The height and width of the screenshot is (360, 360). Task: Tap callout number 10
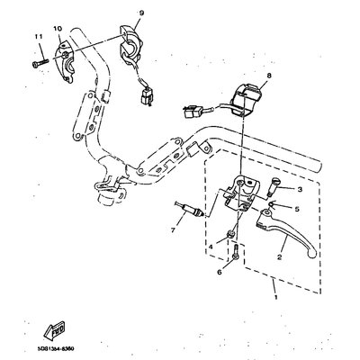pyautogui.click(x=58, y=29)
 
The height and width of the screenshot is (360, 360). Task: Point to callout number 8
pyautogui.click(x=242, y=78)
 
